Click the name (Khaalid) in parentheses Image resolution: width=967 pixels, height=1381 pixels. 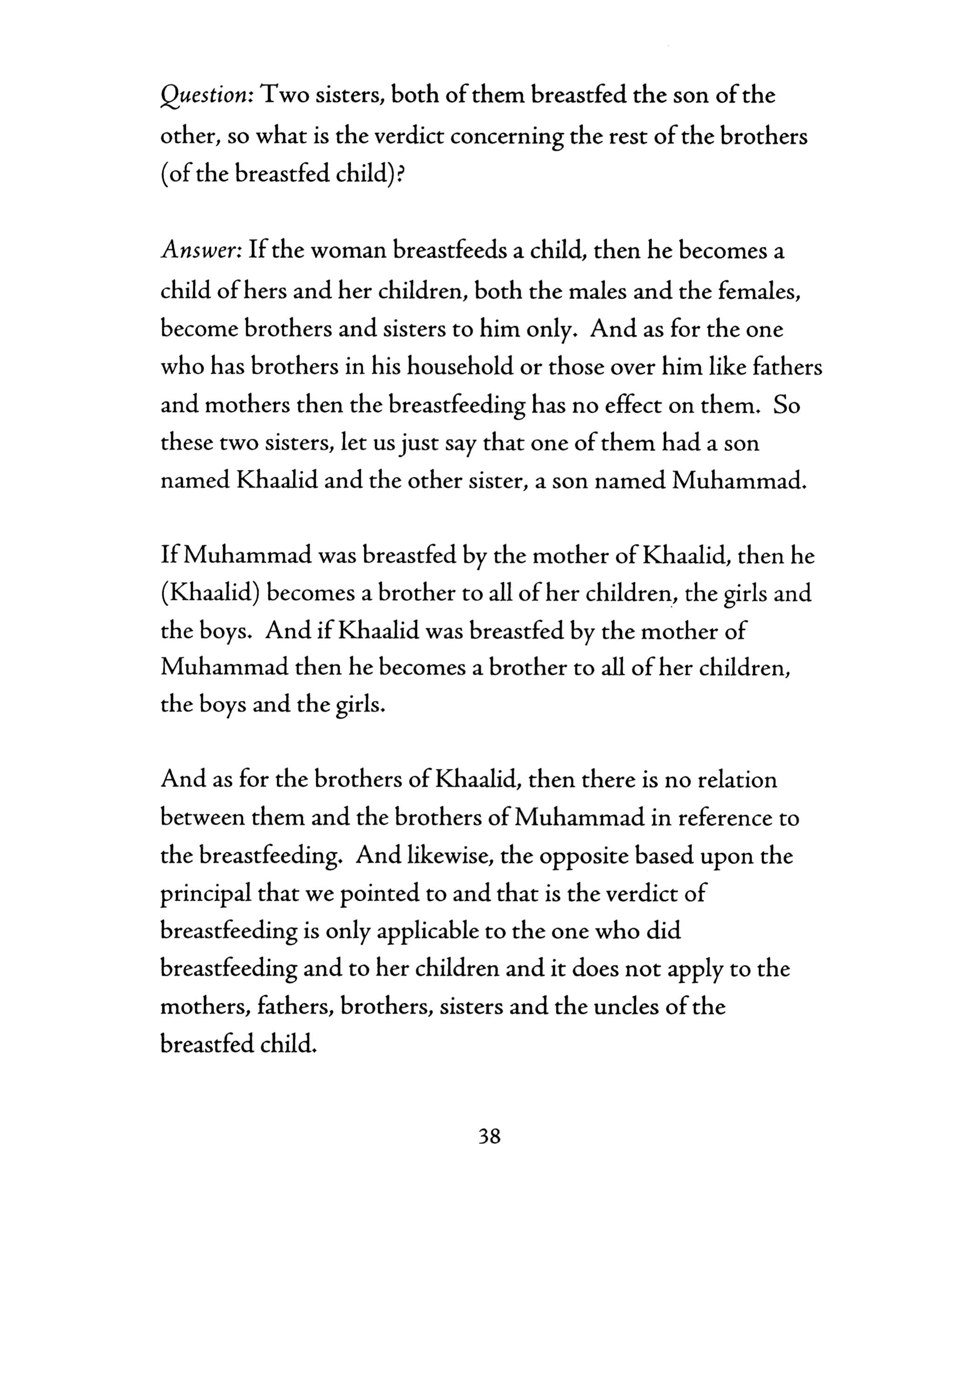click(210, 594)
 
